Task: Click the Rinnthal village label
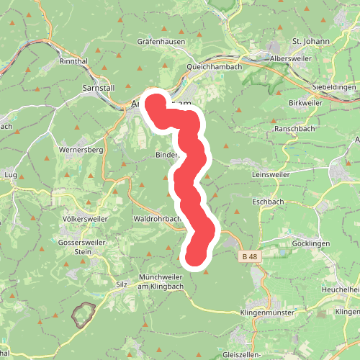tap(74, 61)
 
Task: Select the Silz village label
tap(121, 284)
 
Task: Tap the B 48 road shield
tap(249, 256)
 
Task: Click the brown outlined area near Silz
tap(84, 315)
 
